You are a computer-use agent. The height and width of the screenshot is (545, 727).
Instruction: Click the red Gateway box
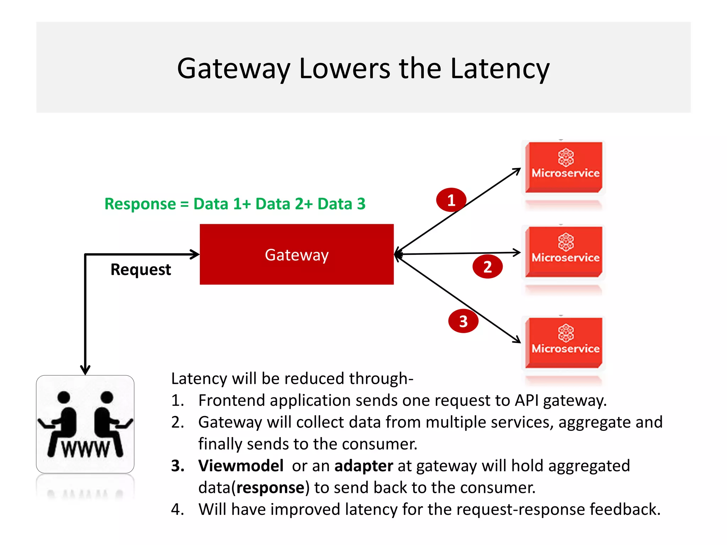296,254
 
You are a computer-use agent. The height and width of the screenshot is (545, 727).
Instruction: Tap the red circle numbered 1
451,200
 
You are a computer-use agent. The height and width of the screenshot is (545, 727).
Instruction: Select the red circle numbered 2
487,266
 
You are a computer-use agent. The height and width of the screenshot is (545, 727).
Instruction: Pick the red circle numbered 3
463,321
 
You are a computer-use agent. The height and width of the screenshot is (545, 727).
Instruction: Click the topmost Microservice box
564,167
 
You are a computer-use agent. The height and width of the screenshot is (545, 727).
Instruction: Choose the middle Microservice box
564,252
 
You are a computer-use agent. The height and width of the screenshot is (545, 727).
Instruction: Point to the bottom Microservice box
564,343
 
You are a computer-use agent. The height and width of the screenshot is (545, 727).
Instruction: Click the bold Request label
141,270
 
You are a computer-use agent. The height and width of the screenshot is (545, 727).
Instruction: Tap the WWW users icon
85,424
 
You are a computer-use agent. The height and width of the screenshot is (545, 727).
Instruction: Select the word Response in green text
140,204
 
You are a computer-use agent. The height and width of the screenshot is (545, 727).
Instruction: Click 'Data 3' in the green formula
341,204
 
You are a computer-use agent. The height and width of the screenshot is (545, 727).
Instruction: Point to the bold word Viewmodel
241,466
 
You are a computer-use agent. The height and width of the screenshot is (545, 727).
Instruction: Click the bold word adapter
363,466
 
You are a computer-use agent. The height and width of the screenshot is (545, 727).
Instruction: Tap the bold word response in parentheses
270,488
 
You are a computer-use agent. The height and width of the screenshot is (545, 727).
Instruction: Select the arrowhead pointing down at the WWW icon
85,370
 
